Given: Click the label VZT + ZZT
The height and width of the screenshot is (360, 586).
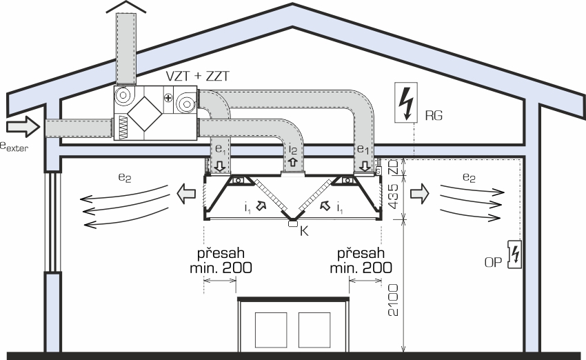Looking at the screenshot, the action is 197,77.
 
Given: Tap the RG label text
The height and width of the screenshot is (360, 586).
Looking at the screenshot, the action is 434,115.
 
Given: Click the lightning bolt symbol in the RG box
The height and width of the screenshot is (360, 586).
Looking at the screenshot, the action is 406,103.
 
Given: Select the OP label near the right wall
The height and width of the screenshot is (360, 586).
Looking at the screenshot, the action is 493,263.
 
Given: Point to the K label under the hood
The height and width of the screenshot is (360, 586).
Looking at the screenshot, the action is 304,232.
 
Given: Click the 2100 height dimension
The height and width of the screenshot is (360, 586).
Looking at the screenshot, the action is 393,300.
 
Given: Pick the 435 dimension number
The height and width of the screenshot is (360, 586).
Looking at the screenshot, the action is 393,196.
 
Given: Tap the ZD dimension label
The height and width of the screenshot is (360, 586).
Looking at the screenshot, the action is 393,166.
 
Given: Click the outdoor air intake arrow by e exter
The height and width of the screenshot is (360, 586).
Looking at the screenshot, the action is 23,126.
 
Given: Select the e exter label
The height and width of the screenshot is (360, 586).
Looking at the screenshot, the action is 14,146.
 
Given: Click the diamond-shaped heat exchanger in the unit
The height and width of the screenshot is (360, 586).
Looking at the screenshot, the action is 145,114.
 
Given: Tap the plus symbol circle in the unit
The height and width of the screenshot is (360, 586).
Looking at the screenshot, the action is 168,98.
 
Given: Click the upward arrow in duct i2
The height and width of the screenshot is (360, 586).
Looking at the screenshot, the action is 292,162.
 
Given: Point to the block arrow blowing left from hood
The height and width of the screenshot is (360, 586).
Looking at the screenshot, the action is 185,194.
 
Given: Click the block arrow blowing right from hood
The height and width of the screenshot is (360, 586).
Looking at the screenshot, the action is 420,194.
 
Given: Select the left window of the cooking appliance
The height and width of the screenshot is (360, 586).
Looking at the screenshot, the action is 271,330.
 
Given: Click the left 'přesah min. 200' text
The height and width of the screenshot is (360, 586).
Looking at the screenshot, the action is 221,261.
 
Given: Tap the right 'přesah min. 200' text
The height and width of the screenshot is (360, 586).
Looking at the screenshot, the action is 361,261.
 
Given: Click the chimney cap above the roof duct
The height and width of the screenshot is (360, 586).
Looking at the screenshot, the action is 126,7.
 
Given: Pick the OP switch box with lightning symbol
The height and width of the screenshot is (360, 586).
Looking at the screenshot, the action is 514,254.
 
